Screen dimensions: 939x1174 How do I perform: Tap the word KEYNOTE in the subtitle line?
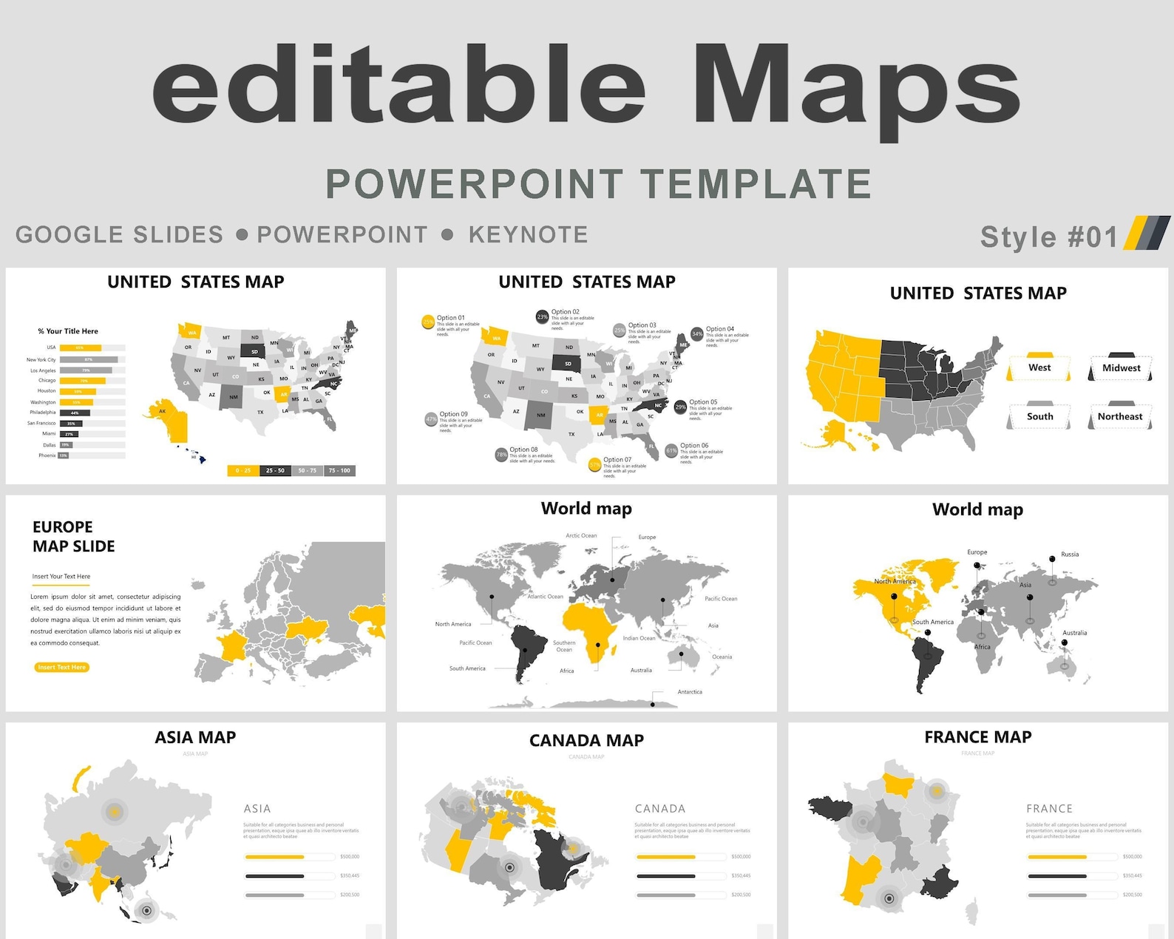(x=528, y=234)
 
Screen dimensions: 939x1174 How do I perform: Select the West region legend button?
(x=1039, y=367)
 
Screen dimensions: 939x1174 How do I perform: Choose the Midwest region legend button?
(x=1121, y=367)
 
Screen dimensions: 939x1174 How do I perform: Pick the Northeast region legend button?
(x=1120, y=416)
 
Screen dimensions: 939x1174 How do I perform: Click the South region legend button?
(x=1039, y=416)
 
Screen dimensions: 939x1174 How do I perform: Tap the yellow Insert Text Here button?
(x=62, y=667)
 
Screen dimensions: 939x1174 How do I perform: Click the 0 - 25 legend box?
(x=243, y=470)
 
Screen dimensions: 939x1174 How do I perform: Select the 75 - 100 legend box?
(x=339, y=470)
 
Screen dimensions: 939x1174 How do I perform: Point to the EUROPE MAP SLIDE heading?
(x=73, y=536)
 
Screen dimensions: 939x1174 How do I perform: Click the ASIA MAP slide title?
(x=195, y=737)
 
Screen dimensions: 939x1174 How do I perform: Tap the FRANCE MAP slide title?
(x=977, y=737)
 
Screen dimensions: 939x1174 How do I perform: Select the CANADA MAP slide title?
(x=586, y=740)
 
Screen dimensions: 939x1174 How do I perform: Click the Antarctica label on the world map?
(x=690, y=692)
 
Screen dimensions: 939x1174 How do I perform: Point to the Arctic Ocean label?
(x=581, y=535)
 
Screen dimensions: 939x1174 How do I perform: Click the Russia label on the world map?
(x=1070, y=554)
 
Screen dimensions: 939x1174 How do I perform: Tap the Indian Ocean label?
(x=639, y=638)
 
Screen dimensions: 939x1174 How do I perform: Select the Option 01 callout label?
(x=450, y=318)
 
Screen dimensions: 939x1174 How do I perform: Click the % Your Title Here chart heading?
(x=68, y=331)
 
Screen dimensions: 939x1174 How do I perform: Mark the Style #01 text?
(x=1048, y=237)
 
